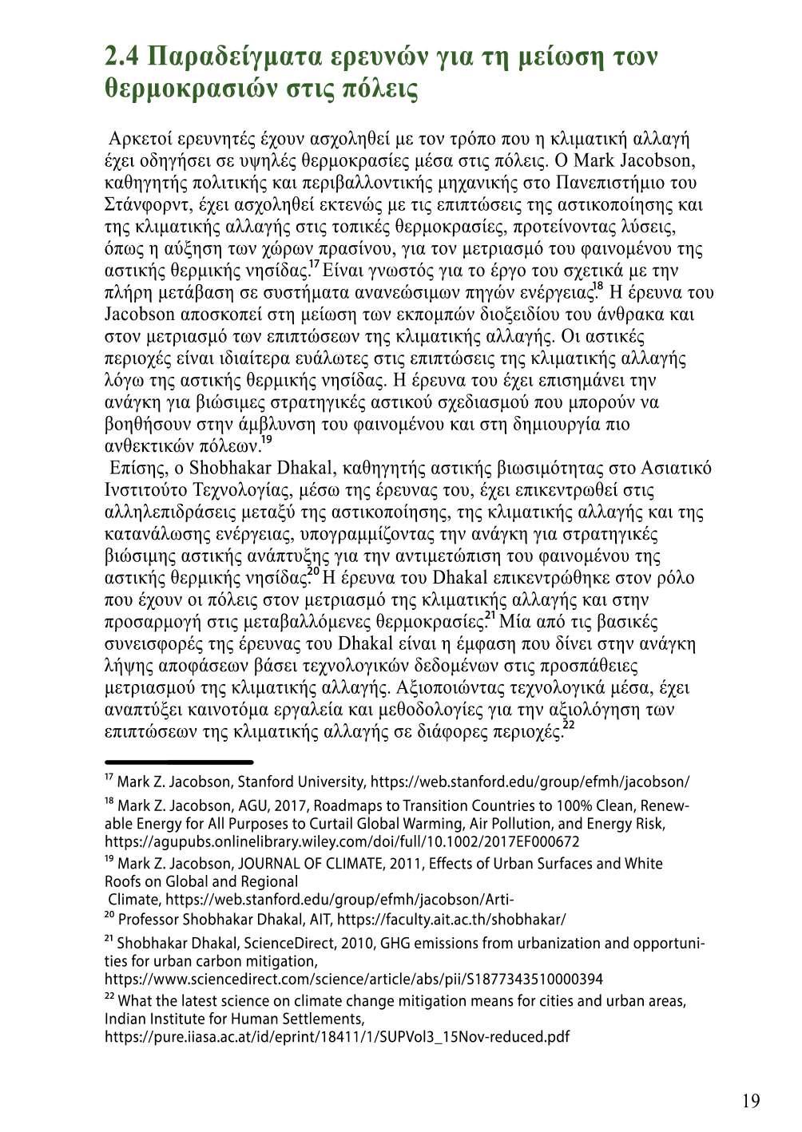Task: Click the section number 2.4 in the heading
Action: click(123, 57)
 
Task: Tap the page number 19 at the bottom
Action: click(750, 1102)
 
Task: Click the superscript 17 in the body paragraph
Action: click(315, 263)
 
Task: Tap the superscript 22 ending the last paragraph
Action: click(569, 725)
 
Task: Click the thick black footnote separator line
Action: click(179, 762)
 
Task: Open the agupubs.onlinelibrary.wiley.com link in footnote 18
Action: click(342, 842)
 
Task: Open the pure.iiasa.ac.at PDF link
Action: click(337, 1038)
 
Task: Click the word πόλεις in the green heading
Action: click(380, 89)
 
